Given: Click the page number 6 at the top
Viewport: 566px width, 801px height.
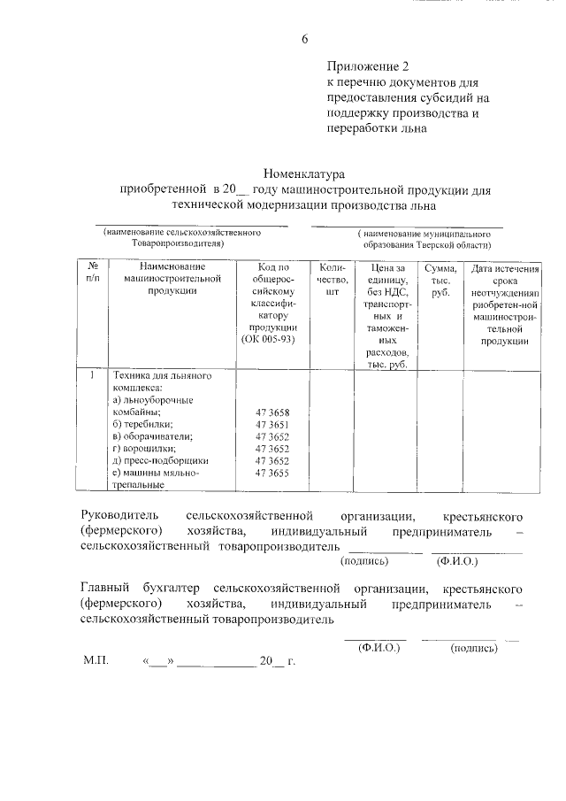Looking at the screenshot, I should pos(305,38).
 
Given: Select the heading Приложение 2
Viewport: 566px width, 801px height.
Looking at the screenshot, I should pos(369,66).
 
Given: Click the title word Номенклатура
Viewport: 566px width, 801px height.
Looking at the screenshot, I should pos(303,174).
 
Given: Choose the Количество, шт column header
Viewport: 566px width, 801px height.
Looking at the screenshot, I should pos(332,279).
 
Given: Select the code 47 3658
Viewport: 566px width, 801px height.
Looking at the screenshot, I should pos(272,413).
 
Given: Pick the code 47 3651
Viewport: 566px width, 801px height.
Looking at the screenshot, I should pos(272,426).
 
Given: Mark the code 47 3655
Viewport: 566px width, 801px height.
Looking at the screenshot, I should pos(272,474).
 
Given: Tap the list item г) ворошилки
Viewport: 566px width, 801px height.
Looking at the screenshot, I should pos(145,449).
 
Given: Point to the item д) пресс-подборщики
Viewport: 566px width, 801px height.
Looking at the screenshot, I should pos(160,461).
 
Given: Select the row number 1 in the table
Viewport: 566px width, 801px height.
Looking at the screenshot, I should pos(93,376).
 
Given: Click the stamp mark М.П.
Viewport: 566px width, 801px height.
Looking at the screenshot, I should pos(95,661).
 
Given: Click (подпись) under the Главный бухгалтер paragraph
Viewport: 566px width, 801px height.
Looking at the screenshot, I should pos(474,648).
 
